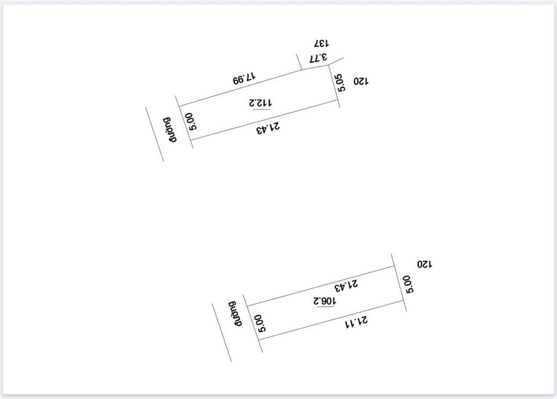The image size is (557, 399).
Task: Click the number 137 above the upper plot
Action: pyautogui.click(x=323, y=43)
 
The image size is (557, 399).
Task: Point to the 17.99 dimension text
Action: pyautogui.click(x=244, y=78)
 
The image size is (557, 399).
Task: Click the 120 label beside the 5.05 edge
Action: pyautogui.click(x=361, y=81)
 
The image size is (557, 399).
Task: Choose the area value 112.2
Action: pyautogui.click(x=261, y=103)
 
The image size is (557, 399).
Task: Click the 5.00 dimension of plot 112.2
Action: pyautogui.click(x=191, y=121)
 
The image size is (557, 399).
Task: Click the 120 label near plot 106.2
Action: pyautogui.click(x=424, y=264)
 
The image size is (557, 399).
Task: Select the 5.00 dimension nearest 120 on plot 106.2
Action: pyautogui.click(x=409, y=283)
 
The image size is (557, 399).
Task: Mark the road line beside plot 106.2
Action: pyautogui.click(x=222, y=332)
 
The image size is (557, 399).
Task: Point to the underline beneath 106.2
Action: pyautogui.click(x=325, y=307)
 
